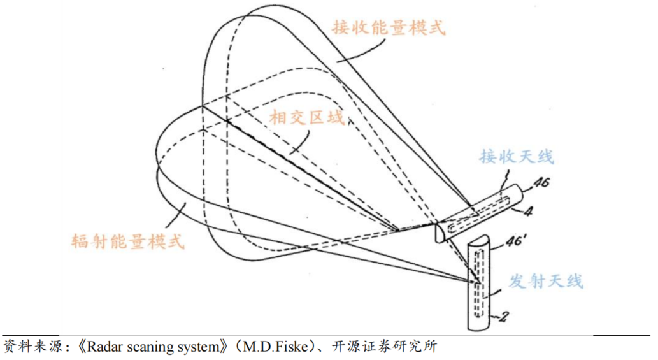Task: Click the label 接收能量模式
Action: [388, 27]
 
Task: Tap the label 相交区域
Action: [306, 118]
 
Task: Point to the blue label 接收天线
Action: [517, 156]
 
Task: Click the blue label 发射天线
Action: [545, 281]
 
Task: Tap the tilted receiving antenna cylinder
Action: [484, 213]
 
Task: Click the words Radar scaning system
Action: [155, 347]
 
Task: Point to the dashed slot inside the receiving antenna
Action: [478, 216]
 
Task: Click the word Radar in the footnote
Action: [101, 347]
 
